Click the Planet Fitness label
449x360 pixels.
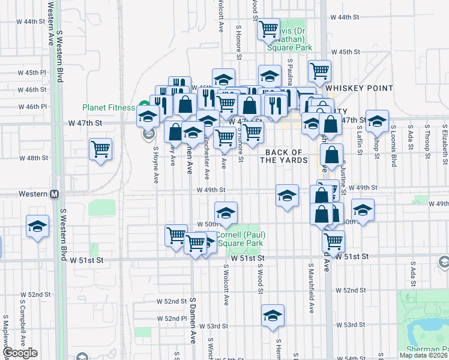point(109,108)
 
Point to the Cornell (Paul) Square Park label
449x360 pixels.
point(240,239)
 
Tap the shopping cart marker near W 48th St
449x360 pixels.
point(100,149)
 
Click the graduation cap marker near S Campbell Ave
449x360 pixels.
point(37,227)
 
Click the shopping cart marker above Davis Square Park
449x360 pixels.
point(269,28)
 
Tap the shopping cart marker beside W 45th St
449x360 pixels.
point(320,70)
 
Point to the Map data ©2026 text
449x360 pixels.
point(424,355)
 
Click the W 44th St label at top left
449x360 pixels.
point(32,21)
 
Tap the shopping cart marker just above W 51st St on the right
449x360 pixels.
point(333,241)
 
